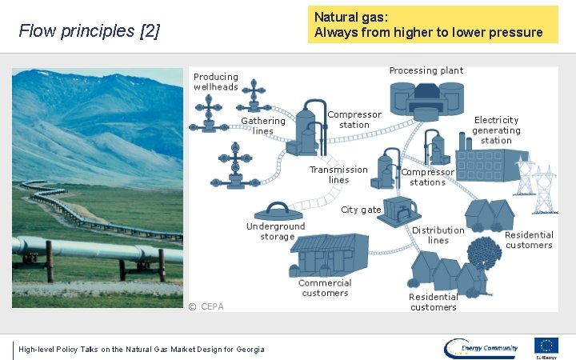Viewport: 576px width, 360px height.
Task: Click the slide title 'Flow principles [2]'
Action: click(89, 31)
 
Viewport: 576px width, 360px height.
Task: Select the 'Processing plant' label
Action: click(426, 70)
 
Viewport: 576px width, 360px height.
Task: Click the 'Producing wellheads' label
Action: click(215, 82)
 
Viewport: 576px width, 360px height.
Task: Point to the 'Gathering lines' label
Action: click(263, 126)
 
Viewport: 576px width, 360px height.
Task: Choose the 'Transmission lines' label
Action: click(338, 174)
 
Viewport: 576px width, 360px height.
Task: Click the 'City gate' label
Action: click(361, 210)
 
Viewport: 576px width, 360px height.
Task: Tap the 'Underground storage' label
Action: click(277, 231)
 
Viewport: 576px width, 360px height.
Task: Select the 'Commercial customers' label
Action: click(325, 288)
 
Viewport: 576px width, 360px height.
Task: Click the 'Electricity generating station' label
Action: click(496, 130)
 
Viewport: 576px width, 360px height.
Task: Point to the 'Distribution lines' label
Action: click(438, 235)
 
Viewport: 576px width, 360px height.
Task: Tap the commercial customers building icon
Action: click(328, 255)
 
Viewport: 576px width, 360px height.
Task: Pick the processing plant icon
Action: click(426, 100)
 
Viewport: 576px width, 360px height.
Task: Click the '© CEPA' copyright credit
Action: click(206, 306)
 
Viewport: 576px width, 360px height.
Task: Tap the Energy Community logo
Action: click(482, 347)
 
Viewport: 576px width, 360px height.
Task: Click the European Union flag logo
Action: click(547, 346)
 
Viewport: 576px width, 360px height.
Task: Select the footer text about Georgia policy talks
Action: click(141, 349)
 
